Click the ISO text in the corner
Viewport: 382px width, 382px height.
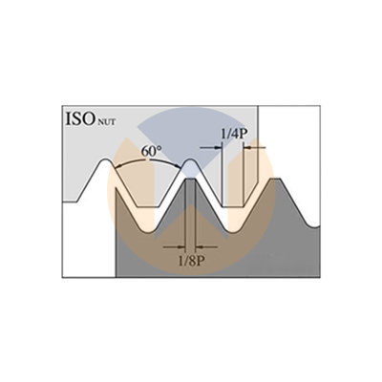click(79, 118)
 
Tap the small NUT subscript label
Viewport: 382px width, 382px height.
click(105, 122)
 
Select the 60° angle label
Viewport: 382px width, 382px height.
click(151, 152)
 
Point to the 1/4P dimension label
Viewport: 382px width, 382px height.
click(234, 135)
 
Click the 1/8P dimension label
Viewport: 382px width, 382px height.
click(190, 262)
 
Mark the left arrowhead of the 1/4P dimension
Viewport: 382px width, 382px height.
click(219, 147)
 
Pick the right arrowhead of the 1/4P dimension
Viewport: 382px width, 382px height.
click(247, 147)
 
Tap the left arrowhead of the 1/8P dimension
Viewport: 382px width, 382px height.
click(181, 246)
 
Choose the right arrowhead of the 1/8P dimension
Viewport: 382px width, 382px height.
click(199, 246)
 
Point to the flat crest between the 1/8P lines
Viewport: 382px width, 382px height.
click(190, 180)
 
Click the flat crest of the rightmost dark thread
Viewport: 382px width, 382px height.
click(276, 179)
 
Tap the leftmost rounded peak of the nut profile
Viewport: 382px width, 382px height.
click(104, 159)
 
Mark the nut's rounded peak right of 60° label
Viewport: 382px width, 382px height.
click(190, 159)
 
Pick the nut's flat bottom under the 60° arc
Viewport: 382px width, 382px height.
click(147, 207)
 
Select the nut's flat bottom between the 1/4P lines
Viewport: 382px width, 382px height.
click(233, 207)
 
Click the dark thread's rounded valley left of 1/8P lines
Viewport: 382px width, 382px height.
click(147, 231)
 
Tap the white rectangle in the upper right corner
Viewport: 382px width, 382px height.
click(289, 142)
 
